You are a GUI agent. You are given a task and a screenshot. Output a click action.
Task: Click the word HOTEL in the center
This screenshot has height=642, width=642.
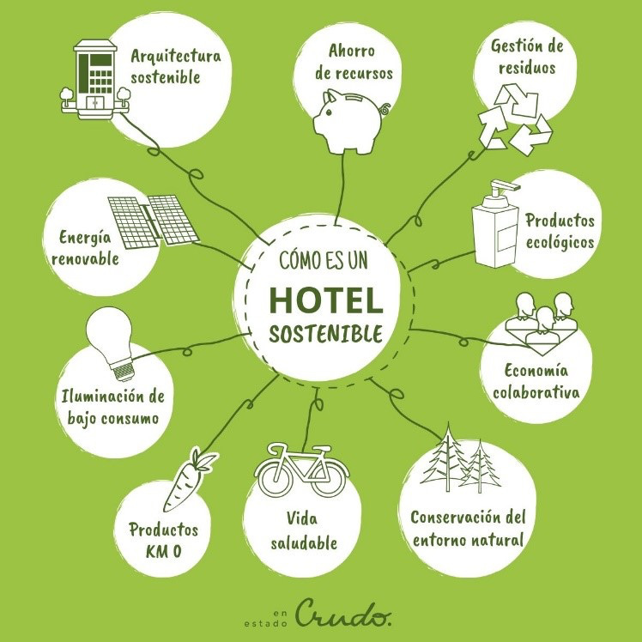(x=325, y=300)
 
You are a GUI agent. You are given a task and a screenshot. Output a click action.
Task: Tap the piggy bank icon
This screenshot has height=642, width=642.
(x=348, y=120)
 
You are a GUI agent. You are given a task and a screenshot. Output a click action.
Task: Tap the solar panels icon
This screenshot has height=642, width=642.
(x=154, y=219)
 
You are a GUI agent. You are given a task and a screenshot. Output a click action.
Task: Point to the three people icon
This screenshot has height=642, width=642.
(x=538, y=321)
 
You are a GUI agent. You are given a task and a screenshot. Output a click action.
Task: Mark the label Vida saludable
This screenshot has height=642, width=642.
(x=303, y=530)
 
